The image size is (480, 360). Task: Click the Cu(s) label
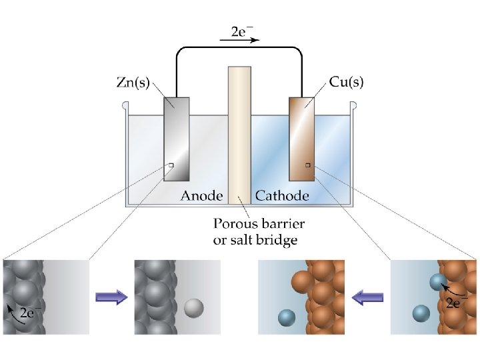coord(347,83)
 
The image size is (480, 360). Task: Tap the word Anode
coord(201,195)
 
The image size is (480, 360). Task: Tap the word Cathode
coord(282,195)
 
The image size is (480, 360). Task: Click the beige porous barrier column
coord(239,133)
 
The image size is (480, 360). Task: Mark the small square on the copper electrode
coord(307,164)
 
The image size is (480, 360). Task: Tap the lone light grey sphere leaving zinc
coord(193,307)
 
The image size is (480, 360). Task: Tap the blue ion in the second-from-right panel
coord(286,317)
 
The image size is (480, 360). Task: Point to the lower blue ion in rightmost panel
coord(421,312)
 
